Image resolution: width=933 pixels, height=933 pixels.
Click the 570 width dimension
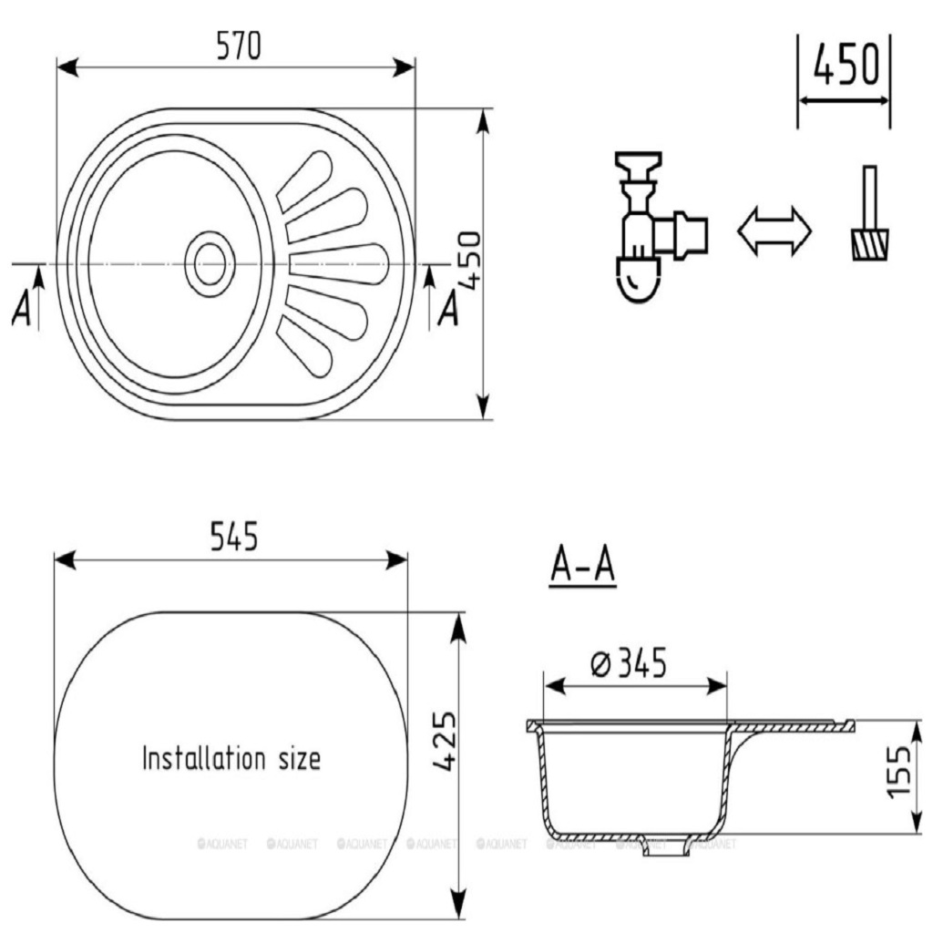239,46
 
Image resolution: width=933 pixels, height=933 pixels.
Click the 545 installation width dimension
234,538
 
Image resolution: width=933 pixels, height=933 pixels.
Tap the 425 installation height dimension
444,743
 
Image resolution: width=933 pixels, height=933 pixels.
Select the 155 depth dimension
901,771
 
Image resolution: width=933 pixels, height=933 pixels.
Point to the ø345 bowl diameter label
628,664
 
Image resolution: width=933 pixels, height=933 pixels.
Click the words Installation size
231,758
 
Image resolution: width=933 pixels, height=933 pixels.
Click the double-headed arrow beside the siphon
774,231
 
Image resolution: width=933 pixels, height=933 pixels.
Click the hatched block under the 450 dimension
871,244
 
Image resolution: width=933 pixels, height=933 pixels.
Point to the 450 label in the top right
846,67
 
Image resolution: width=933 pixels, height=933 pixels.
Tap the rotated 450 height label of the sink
468,260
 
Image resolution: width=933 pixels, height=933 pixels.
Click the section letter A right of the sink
447,310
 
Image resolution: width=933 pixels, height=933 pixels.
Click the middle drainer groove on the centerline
338,264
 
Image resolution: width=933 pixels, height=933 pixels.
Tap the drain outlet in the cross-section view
661,846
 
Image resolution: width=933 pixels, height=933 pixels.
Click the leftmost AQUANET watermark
216,845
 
